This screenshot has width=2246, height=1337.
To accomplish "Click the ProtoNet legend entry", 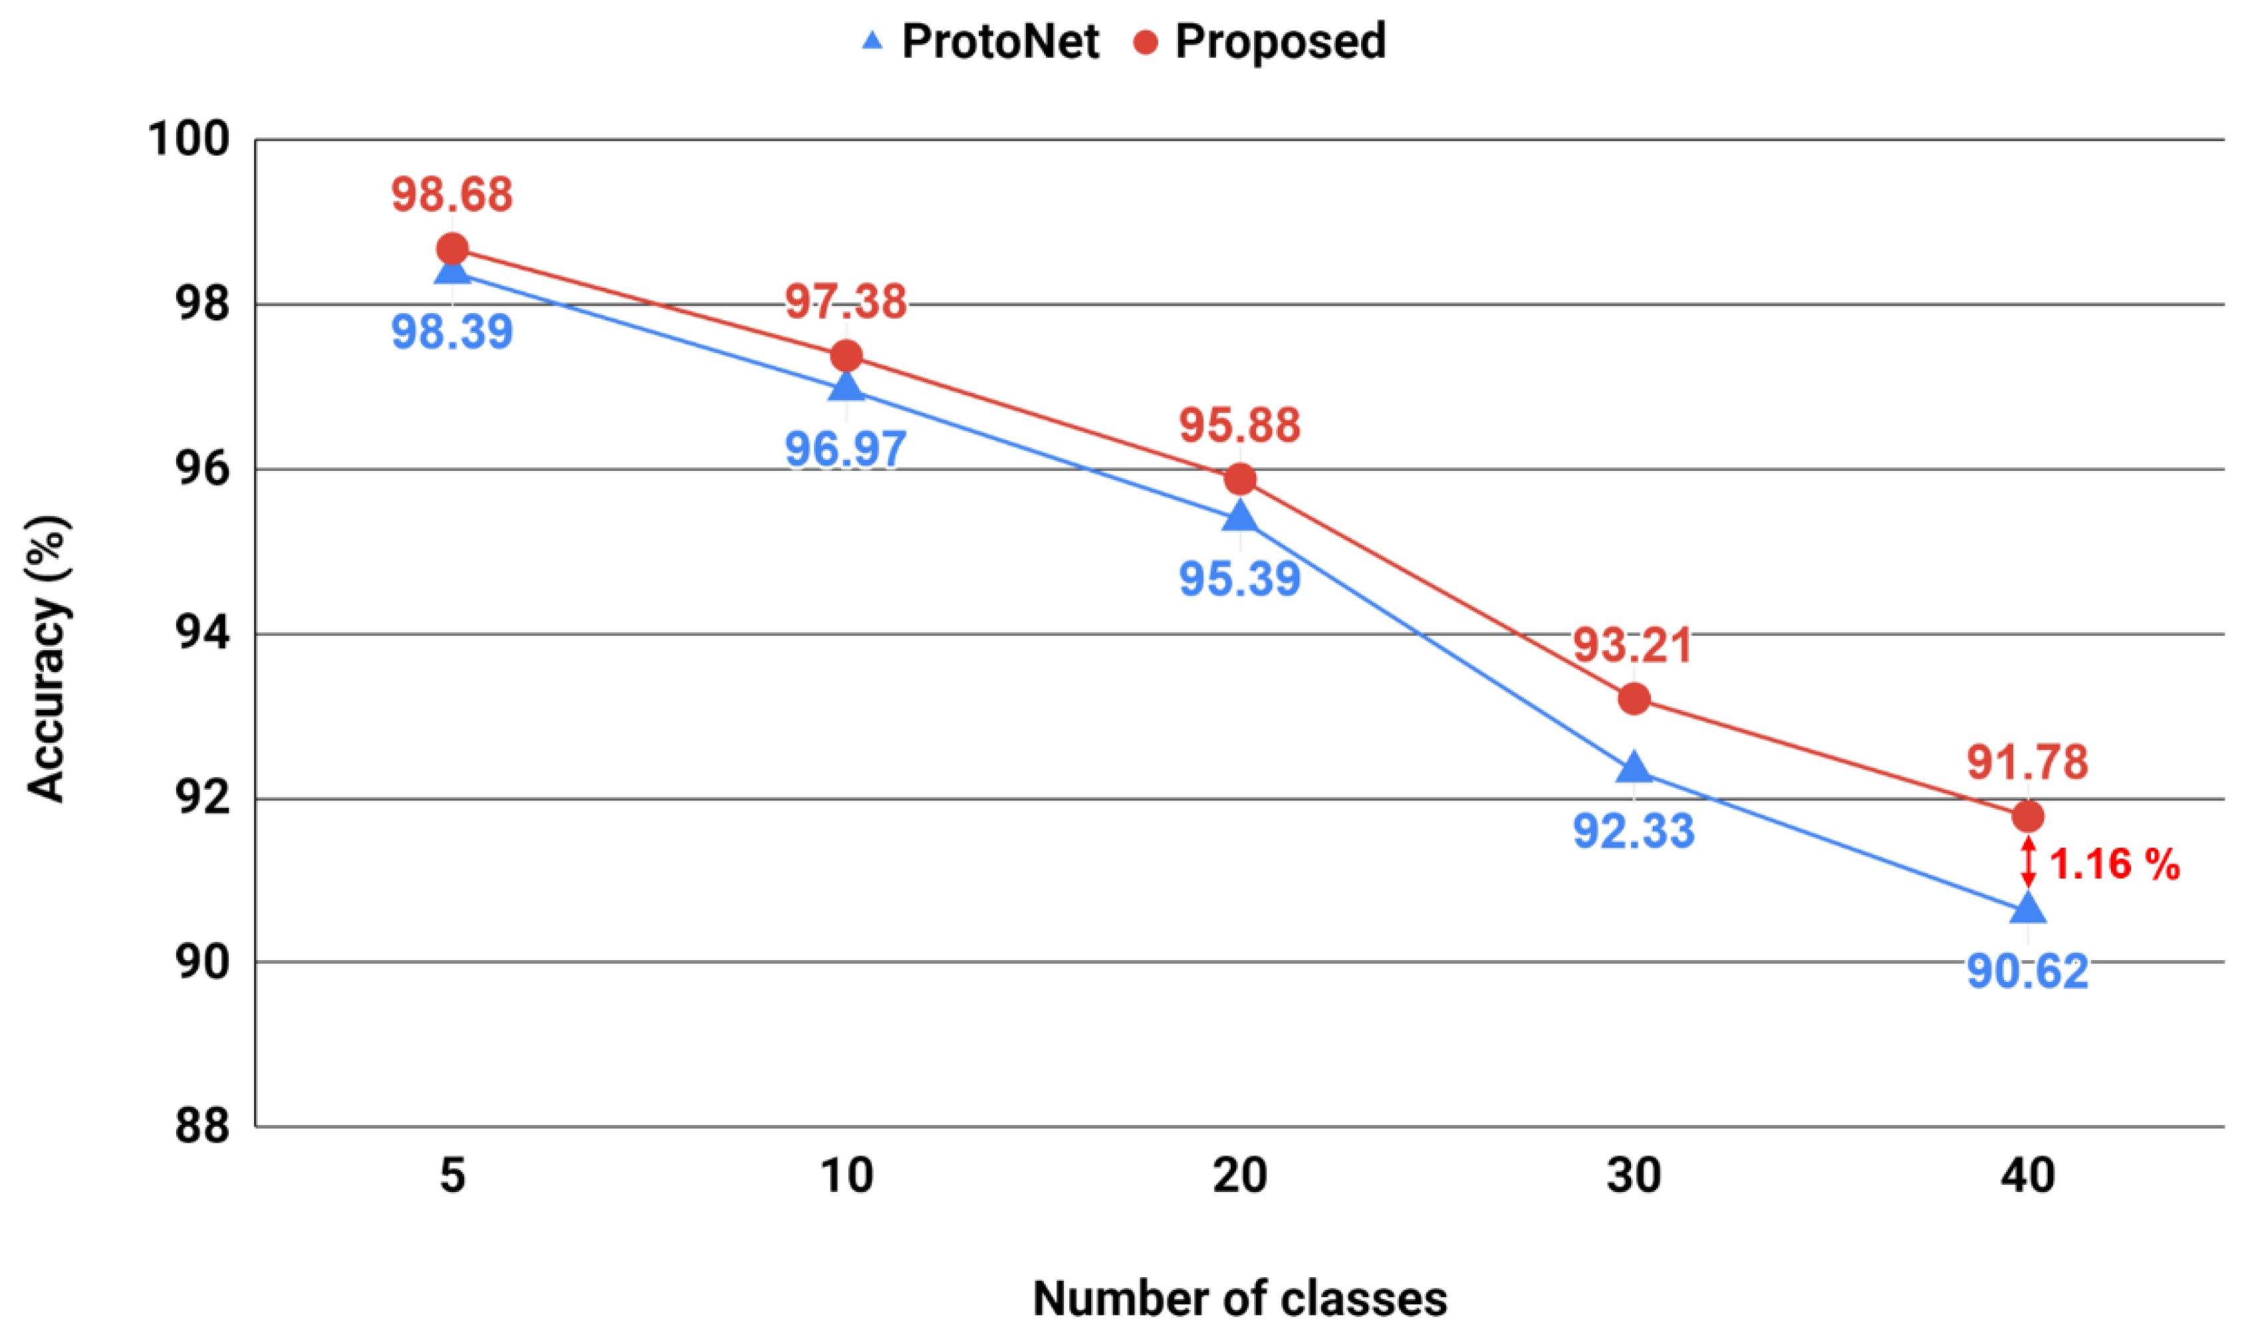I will (x=980, y=41).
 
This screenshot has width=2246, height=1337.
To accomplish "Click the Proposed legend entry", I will (x=1259, y=41).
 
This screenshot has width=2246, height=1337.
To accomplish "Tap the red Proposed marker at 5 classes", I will (x=452, y=249).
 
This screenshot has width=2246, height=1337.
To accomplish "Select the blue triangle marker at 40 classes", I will (x=2028, y=908).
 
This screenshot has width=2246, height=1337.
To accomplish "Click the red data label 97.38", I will (x=845, y=301).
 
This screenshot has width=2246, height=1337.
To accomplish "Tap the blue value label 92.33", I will (x=1634, y=830).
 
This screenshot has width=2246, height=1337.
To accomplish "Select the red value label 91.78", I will (x=2027, y=762).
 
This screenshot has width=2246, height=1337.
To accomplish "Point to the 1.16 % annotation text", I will (x=2114, y=864).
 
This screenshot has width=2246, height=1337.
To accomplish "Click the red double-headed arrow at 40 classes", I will (x=2028, y=862).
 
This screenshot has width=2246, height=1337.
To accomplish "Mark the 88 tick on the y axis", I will (x=203, y=1126).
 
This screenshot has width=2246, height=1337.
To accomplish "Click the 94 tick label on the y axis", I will (x=203, y=634).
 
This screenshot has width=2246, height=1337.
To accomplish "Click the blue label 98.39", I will (x=451, y=332).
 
